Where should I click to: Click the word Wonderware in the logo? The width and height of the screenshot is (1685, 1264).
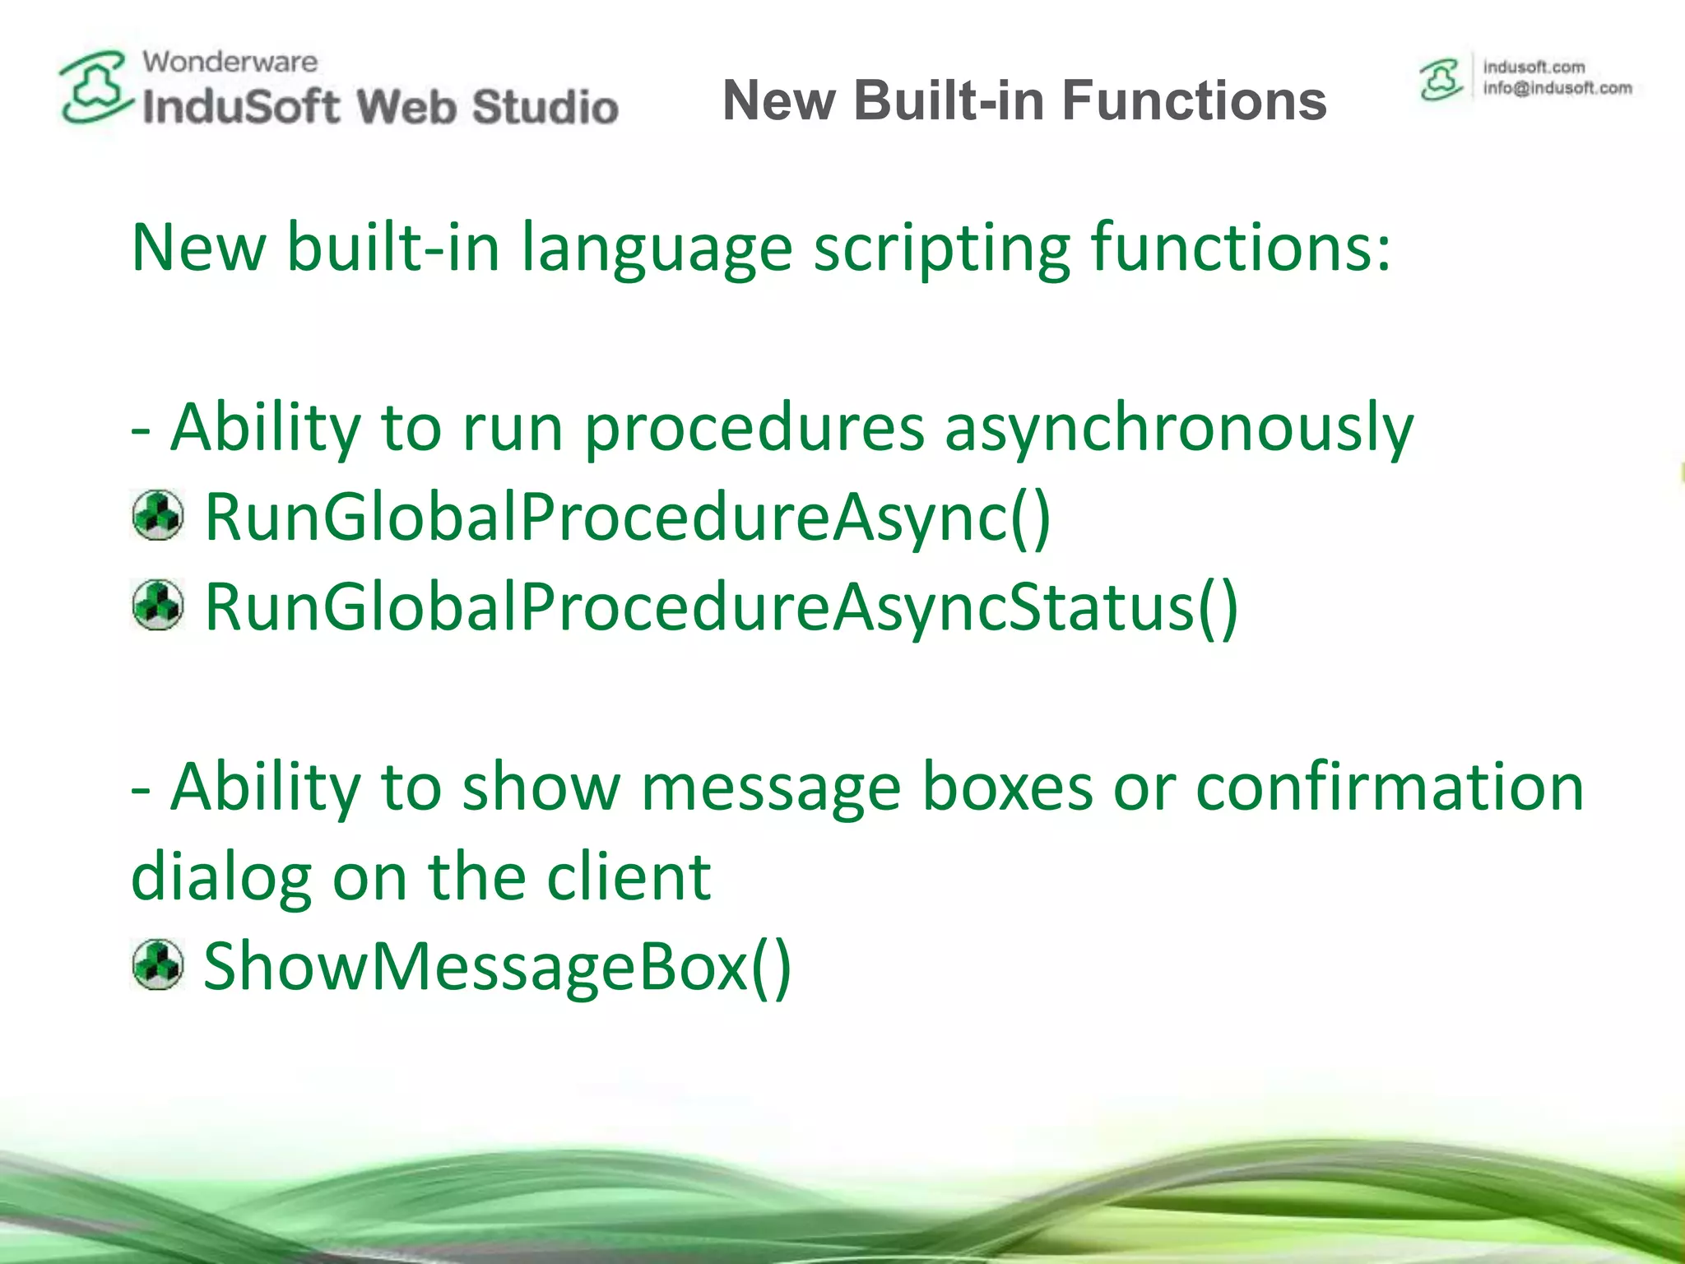230,62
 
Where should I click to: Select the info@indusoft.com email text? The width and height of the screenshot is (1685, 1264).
1557,88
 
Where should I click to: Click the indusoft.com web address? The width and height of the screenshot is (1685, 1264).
1534,67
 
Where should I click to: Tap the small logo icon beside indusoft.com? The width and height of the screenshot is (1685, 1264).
1441,80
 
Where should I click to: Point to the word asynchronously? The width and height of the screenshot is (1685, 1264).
1178,428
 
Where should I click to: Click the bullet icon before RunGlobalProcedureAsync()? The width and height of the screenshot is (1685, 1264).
157,516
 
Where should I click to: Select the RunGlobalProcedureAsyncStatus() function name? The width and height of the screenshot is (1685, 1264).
721,606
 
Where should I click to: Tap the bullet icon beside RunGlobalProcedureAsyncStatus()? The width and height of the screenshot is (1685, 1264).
157,605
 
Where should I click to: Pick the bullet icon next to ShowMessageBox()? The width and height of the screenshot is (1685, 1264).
157,964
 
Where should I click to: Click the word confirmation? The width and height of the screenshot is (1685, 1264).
1389,787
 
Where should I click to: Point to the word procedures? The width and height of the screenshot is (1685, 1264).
754,428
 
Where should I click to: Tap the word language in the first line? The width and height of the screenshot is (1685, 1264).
657,249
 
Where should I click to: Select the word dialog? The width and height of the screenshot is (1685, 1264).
221,878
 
